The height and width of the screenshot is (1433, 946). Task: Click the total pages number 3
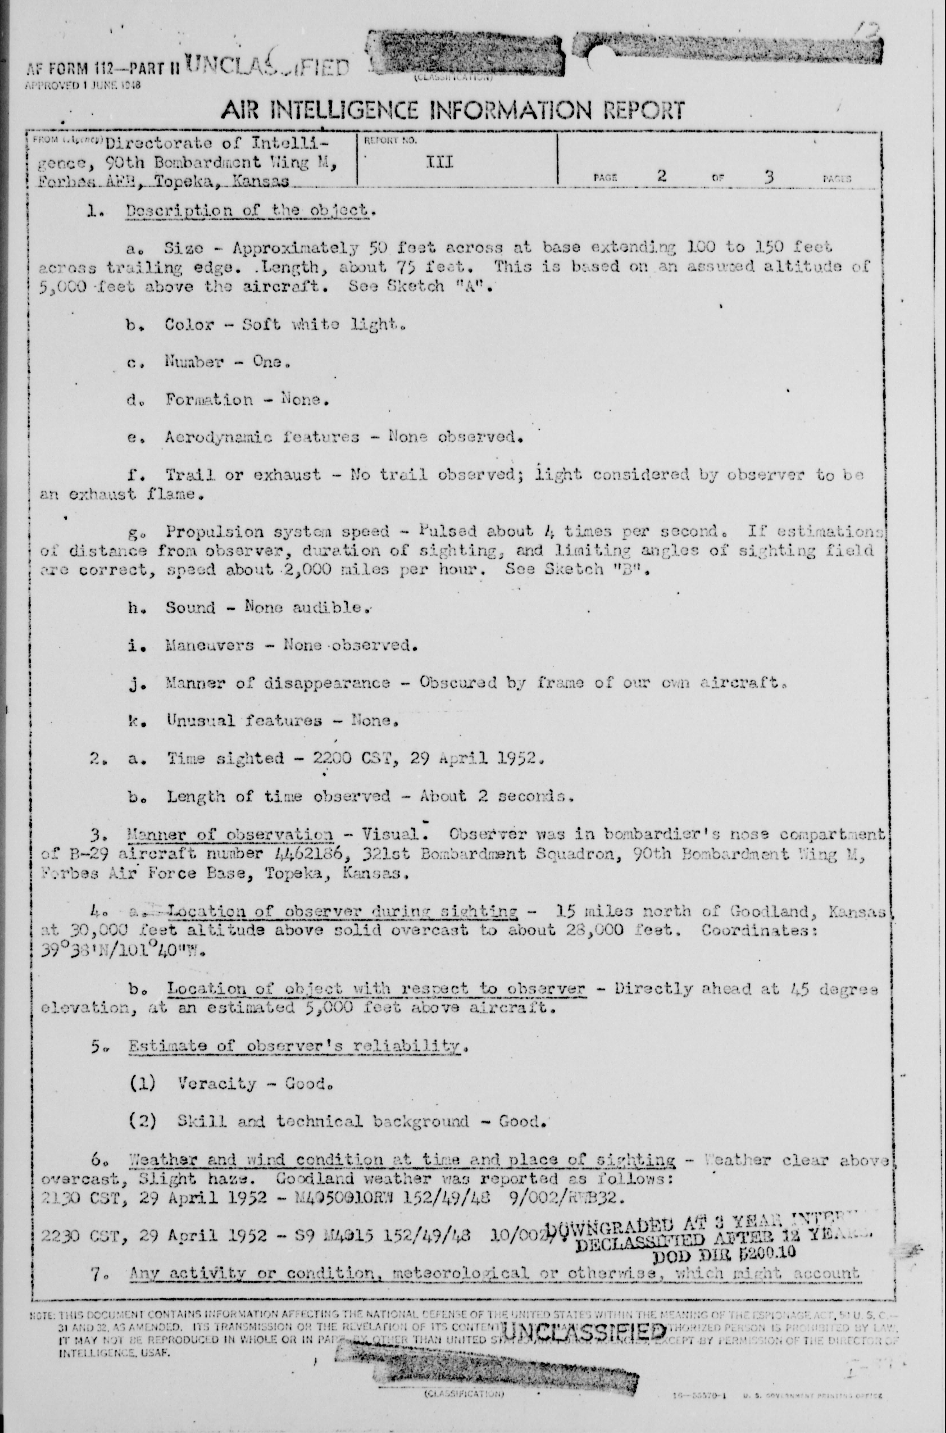point(768,176)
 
